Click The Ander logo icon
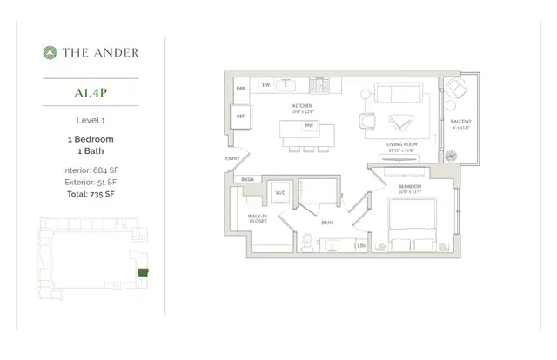click(50, 52)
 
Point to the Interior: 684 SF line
click(91, 170)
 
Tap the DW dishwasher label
click(265, 85)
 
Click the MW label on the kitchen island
click(308, 126)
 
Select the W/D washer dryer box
click(281, 192)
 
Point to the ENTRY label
click(232, 158)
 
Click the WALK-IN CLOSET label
click(257, 218)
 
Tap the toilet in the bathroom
click(306, 243)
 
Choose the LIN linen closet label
click(360, 246)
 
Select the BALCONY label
click(460, 123)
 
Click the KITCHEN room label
click(302, 106)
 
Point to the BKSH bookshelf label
click(247, 180)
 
